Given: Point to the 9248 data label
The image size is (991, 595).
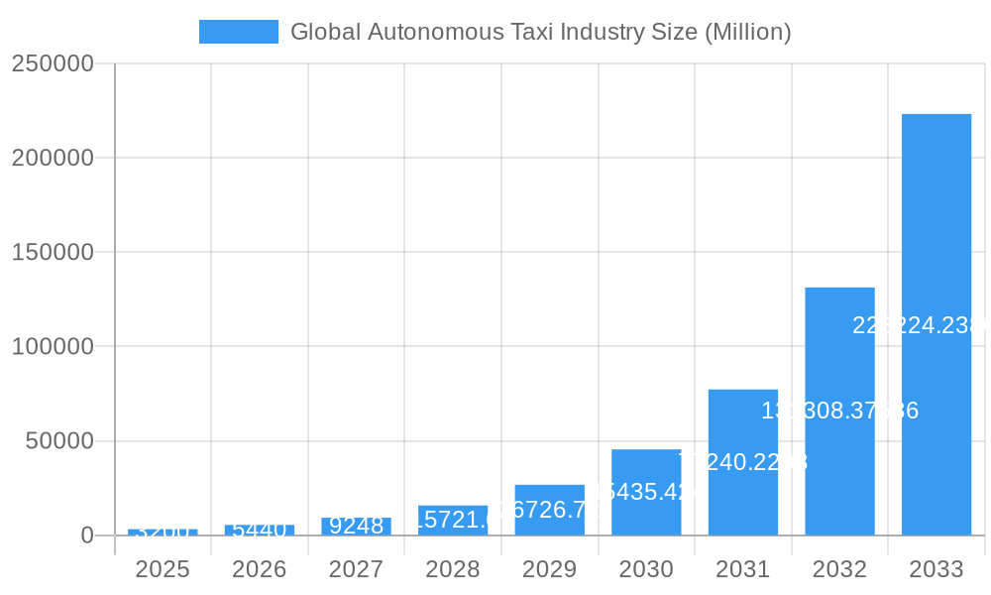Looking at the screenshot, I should point(356,526).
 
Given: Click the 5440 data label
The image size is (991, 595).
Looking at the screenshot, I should point(259,530).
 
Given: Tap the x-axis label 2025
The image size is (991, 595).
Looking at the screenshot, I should point(163,569).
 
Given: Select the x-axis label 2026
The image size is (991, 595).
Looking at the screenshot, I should point(259,569).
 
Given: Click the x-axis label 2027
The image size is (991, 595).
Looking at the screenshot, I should point(356,569).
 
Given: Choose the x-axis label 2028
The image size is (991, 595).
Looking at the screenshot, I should point(452,569).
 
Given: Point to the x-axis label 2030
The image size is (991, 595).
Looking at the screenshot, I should point(646,569).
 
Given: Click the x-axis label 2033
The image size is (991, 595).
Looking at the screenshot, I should point(936,569).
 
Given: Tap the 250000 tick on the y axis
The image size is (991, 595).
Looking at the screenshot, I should point(52,63).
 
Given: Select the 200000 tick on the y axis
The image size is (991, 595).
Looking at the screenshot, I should point(52,158).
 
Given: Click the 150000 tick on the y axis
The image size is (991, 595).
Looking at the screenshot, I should point(52,252).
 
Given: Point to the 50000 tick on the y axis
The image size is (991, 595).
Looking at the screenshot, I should point(58,441).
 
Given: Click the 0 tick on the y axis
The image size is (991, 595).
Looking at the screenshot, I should point(86,535).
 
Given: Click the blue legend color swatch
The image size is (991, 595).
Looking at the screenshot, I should point(239,32).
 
